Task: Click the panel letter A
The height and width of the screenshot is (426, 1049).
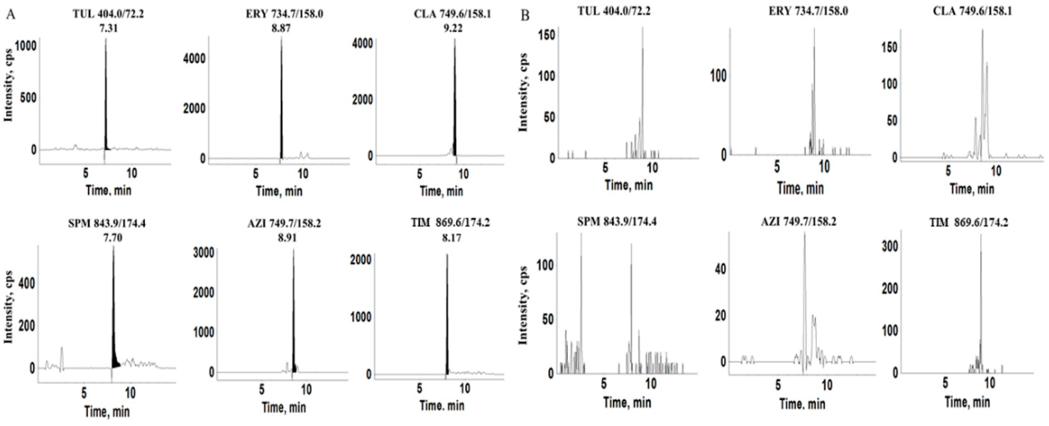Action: pos(11,15)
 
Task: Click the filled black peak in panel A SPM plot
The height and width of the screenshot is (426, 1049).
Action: pos(114,346)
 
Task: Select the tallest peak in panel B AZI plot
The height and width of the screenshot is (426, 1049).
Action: pos(804,285)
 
